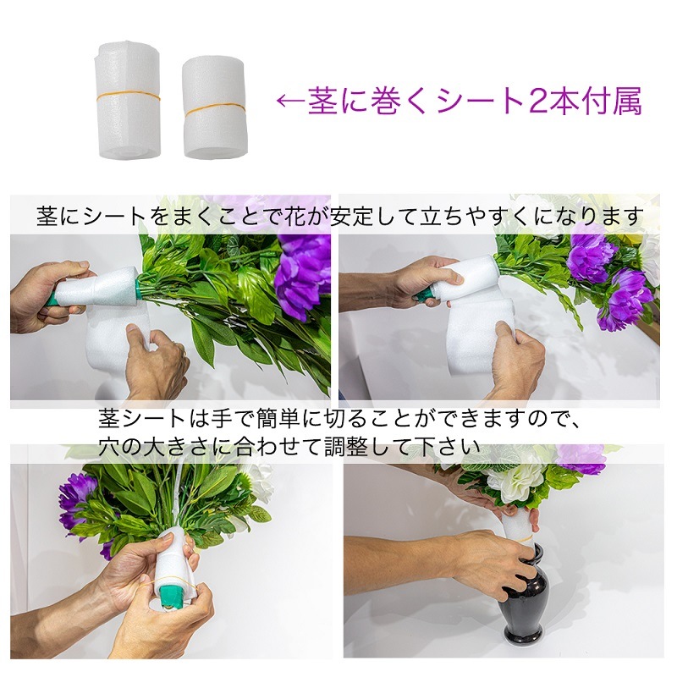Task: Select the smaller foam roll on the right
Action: [x=213, y=107]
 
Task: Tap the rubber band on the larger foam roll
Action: [x=127, y=95]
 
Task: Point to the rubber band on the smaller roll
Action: [x=215, y=110]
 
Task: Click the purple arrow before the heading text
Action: [x=290, y=102]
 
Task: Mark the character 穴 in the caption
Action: [x=113, y=444]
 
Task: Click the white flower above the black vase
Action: [x=516, y=482]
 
